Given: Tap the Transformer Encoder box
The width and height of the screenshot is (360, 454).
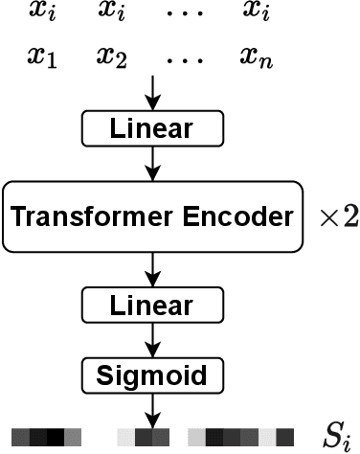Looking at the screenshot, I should coord(150,216).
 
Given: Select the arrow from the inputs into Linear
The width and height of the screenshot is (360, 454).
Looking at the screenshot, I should coord(150,94).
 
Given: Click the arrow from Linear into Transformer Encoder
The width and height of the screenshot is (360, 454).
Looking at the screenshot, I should coord(150,162).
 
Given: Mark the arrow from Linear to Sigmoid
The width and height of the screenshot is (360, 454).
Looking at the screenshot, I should coord(150,338).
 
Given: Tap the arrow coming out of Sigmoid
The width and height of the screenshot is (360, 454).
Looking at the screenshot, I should coord(150,407).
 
